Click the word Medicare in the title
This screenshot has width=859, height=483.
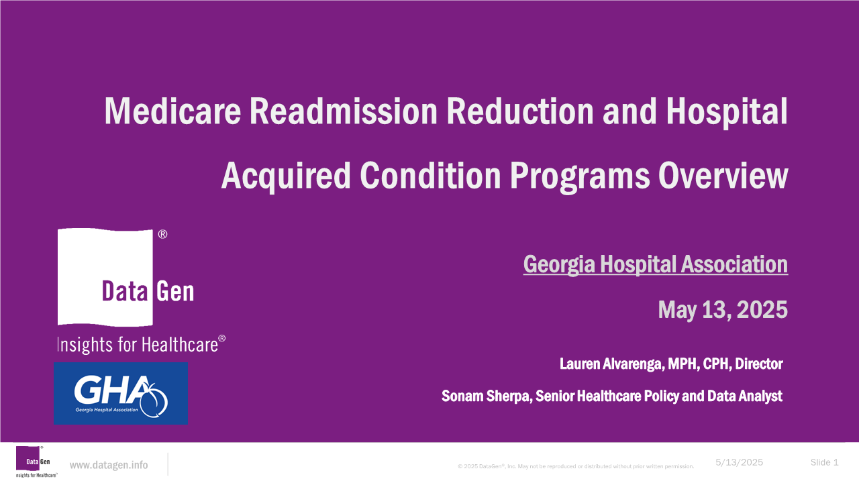[x=172, y=111]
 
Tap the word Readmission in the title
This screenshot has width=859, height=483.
[x=344, y=111]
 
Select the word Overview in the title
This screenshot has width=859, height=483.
[x=723, y=176]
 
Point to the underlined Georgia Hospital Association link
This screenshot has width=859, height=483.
[x=656, y=264]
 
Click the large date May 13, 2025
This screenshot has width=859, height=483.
[x=723, y=310]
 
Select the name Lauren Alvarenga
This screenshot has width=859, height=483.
[x=611, y=364]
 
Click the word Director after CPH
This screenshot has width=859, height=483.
[x=758, y=364]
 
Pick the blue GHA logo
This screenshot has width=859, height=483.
[x=121, y=393]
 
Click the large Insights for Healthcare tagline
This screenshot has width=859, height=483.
[x=141, y=344]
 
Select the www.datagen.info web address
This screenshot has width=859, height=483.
[x=109, y=465]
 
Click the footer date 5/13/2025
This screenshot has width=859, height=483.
[x=739, y=463]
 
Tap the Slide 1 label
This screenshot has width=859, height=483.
[x=825, y=463]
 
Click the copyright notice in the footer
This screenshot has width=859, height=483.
[x=576, y=466]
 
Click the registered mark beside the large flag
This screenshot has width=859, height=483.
[x=162, y=234]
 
